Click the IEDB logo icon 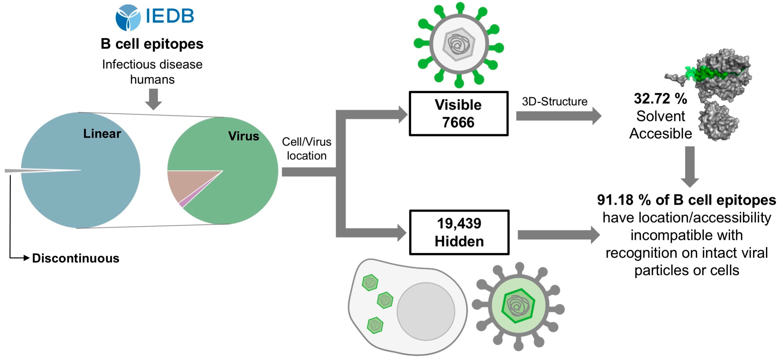click(x=128, y=17)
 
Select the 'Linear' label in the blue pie click(x=102, y=134)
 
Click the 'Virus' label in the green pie click(x=244, y=136)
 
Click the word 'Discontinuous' click(x=76, y=258)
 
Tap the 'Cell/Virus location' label click(x=306, y=149)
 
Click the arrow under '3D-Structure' click(x=558, y=116)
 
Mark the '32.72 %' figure click(x=660, y=99)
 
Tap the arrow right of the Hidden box click(x=558, y=235)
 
